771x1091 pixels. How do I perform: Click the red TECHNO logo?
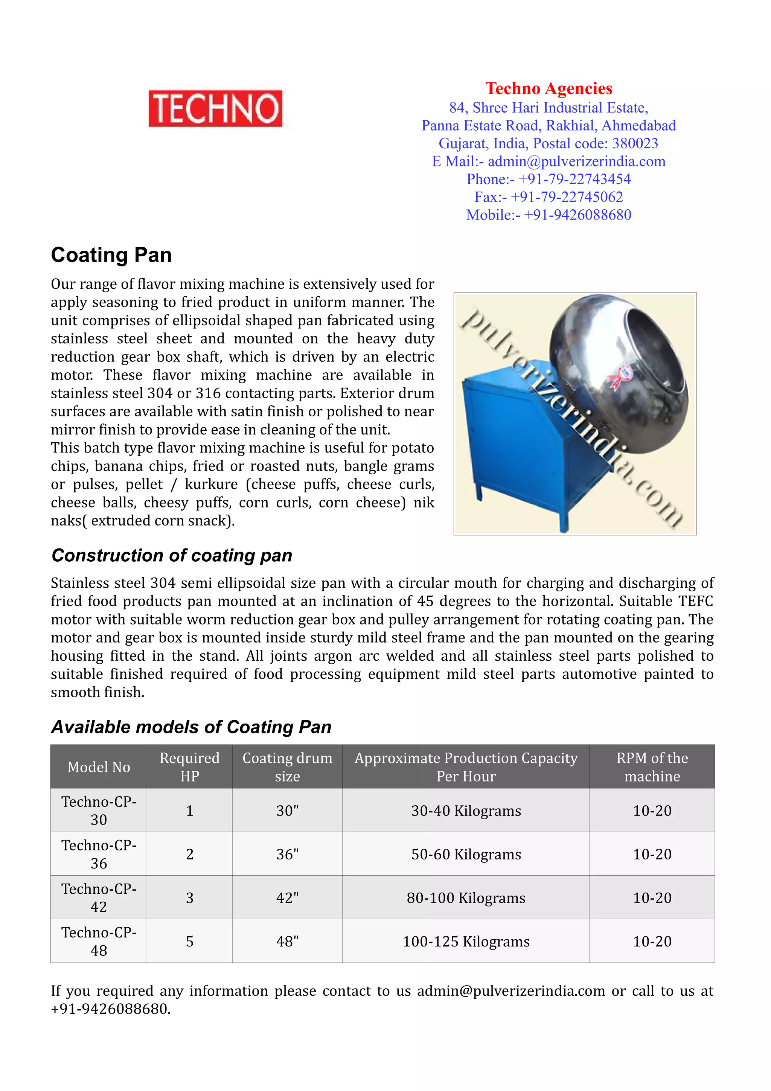pos(215,108)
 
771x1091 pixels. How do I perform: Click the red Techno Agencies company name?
pos(548,88)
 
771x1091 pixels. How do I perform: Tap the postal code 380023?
pos(635,143)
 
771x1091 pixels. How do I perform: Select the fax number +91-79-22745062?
pos(566,197)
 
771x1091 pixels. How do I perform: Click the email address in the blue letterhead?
pos(576,161)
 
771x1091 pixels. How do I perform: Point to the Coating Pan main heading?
pos(111,255)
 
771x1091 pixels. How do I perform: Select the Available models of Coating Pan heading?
pos(191,727)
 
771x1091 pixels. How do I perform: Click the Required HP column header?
pos(189,766)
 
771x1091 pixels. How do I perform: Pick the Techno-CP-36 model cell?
pos(99,854)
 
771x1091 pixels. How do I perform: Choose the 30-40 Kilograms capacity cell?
pos(466,810)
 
